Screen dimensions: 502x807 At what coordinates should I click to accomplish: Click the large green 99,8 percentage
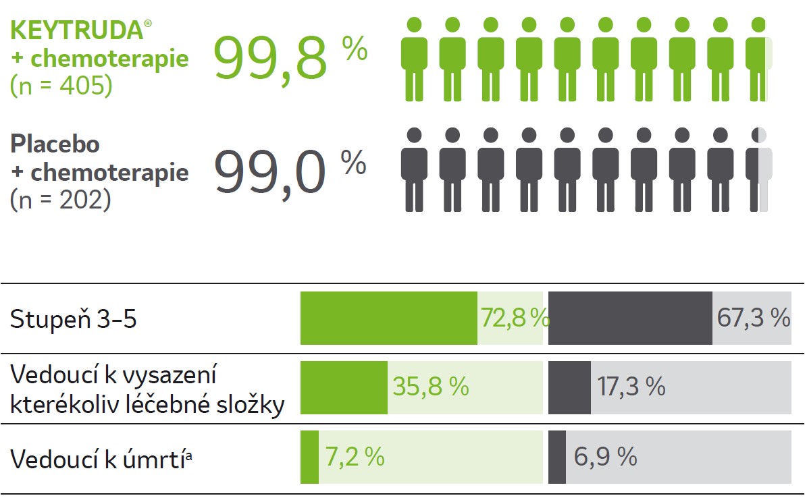tap(270, 59)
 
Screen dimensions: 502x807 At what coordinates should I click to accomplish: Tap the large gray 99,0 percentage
tap(270, 172)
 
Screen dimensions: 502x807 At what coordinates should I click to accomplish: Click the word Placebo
tap(55, 144)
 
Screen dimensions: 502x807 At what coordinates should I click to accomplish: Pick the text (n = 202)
tap(61, 200)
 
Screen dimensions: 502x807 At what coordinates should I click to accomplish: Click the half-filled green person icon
tap(759, 59)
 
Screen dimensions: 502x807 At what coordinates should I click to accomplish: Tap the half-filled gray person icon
tap(758, 170)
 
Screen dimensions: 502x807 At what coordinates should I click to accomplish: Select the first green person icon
tap(414, 59)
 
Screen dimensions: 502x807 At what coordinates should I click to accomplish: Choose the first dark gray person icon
tap(414, 170)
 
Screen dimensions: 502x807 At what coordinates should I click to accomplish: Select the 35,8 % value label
tap(431, 387)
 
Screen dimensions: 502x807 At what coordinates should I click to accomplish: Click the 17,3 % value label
tap(631, 387)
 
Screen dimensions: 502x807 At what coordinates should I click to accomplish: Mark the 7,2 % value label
tap(355, 457)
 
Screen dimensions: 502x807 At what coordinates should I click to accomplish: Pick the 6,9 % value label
tap(605, 457)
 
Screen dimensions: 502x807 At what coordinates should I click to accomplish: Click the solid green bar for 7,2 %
tap(309, 457)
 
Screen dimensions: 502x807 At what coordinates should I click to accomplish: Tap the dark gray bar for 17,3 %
tap(569, 387)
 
